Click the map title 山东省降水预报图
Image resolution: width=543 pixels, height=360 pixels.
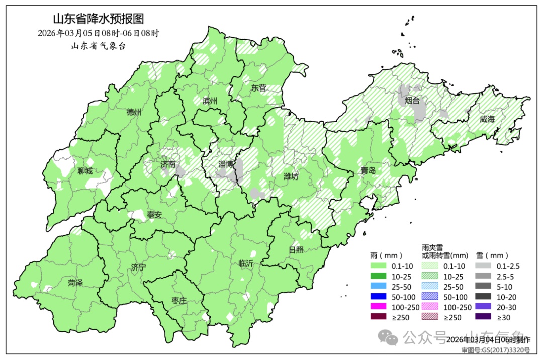pos(99,19)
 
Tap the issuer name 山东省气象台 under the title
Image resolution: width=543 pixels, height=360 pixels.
pos(99,46)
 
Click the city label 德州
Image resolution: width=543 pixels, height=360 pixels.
pos(134,112)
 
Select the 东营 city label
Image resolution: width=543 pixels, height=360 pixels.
pos(259,87)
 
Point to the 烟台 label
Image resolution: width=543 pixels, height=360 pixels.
pos(412,101)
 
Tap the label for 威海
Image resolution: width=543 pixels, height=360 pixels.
pos(487,119)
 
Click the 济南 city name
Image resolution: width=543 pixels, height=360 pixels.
pos(168,164)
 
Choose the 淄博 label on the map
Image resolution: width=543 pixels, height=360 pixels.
pos(226,164)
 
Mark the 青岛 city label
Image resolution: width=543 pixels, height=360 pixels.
pos(368,171)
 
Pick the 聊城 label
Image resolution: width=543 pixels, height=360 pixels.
pos(85,171)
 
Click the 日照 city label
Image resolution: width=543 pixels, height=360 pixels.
pos(296,250)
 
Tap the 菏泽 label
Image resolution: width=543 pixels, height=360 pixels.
pos(75,283)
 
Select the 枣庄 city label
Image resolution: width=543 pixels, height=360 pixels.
pos(179,301)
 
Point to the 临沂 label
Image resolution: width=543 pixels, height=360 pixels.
pos(246,263)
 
